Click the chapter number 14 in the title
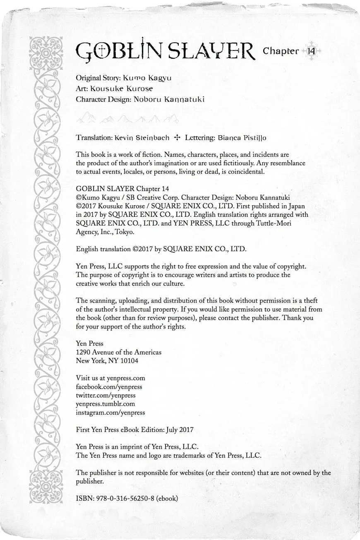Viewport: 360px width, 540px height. pos(311,51)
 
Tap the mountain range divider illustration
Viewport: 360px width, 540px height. pos(127,119)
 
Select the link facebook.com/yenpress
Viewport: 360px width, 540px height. pos(109,386)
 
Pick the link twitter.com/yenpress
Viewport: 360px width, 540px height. pos(106,395)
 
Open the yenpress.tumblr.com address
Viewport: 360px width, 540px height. pos(105,404)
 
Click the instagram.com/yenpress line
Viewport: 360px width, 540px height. pos(110,413)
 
